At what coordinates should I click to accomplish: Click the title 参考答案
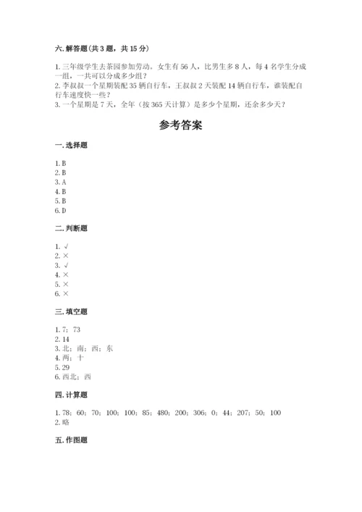point(181,125)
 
